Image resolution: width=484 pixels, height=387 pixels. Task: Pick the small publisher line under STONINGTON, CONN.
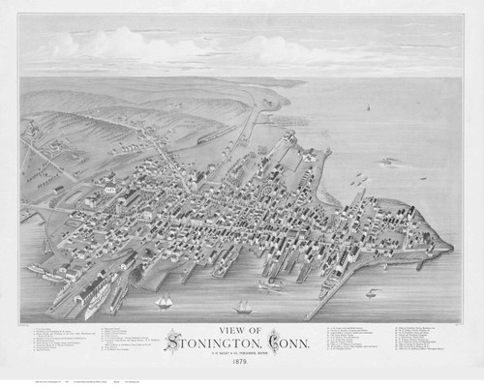tap(243, 352)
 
